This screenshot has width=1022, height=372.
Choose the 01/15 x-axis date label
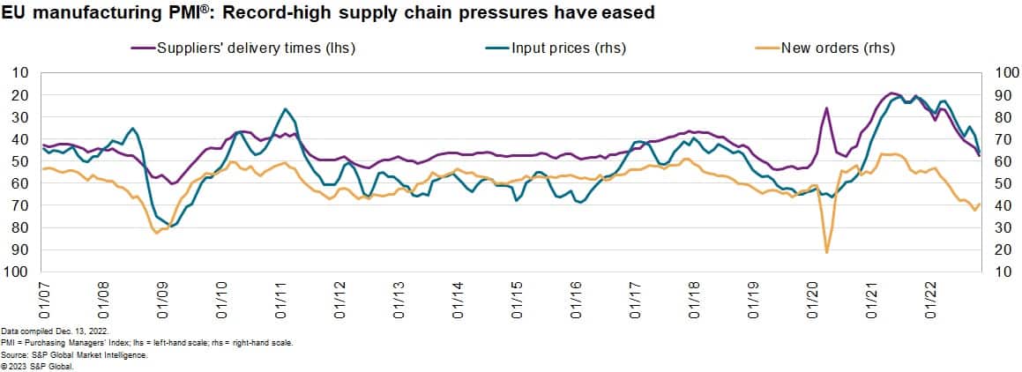[x=518, y=298]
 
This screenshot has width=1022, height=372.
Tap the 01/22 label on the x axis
[x=930, y=298]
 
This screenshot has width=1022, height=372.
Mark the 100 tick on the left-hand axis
[x=19, y=272]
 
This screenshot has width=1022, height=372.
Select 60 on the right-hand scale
[x=996, y=161]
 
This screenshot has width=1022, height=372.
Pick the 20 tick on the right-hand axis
[x=996, y=250]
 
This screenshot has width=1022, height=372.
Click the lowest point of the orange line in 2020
[x=826, y=252]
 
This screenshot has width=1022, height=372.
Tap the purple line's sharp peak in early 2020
[x=827, y=108]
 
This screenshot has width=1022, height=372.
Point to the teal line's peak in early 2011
[x=285, y=109]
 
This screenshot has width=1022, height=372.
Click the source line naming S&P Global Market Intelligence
[x=75, y=354]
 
